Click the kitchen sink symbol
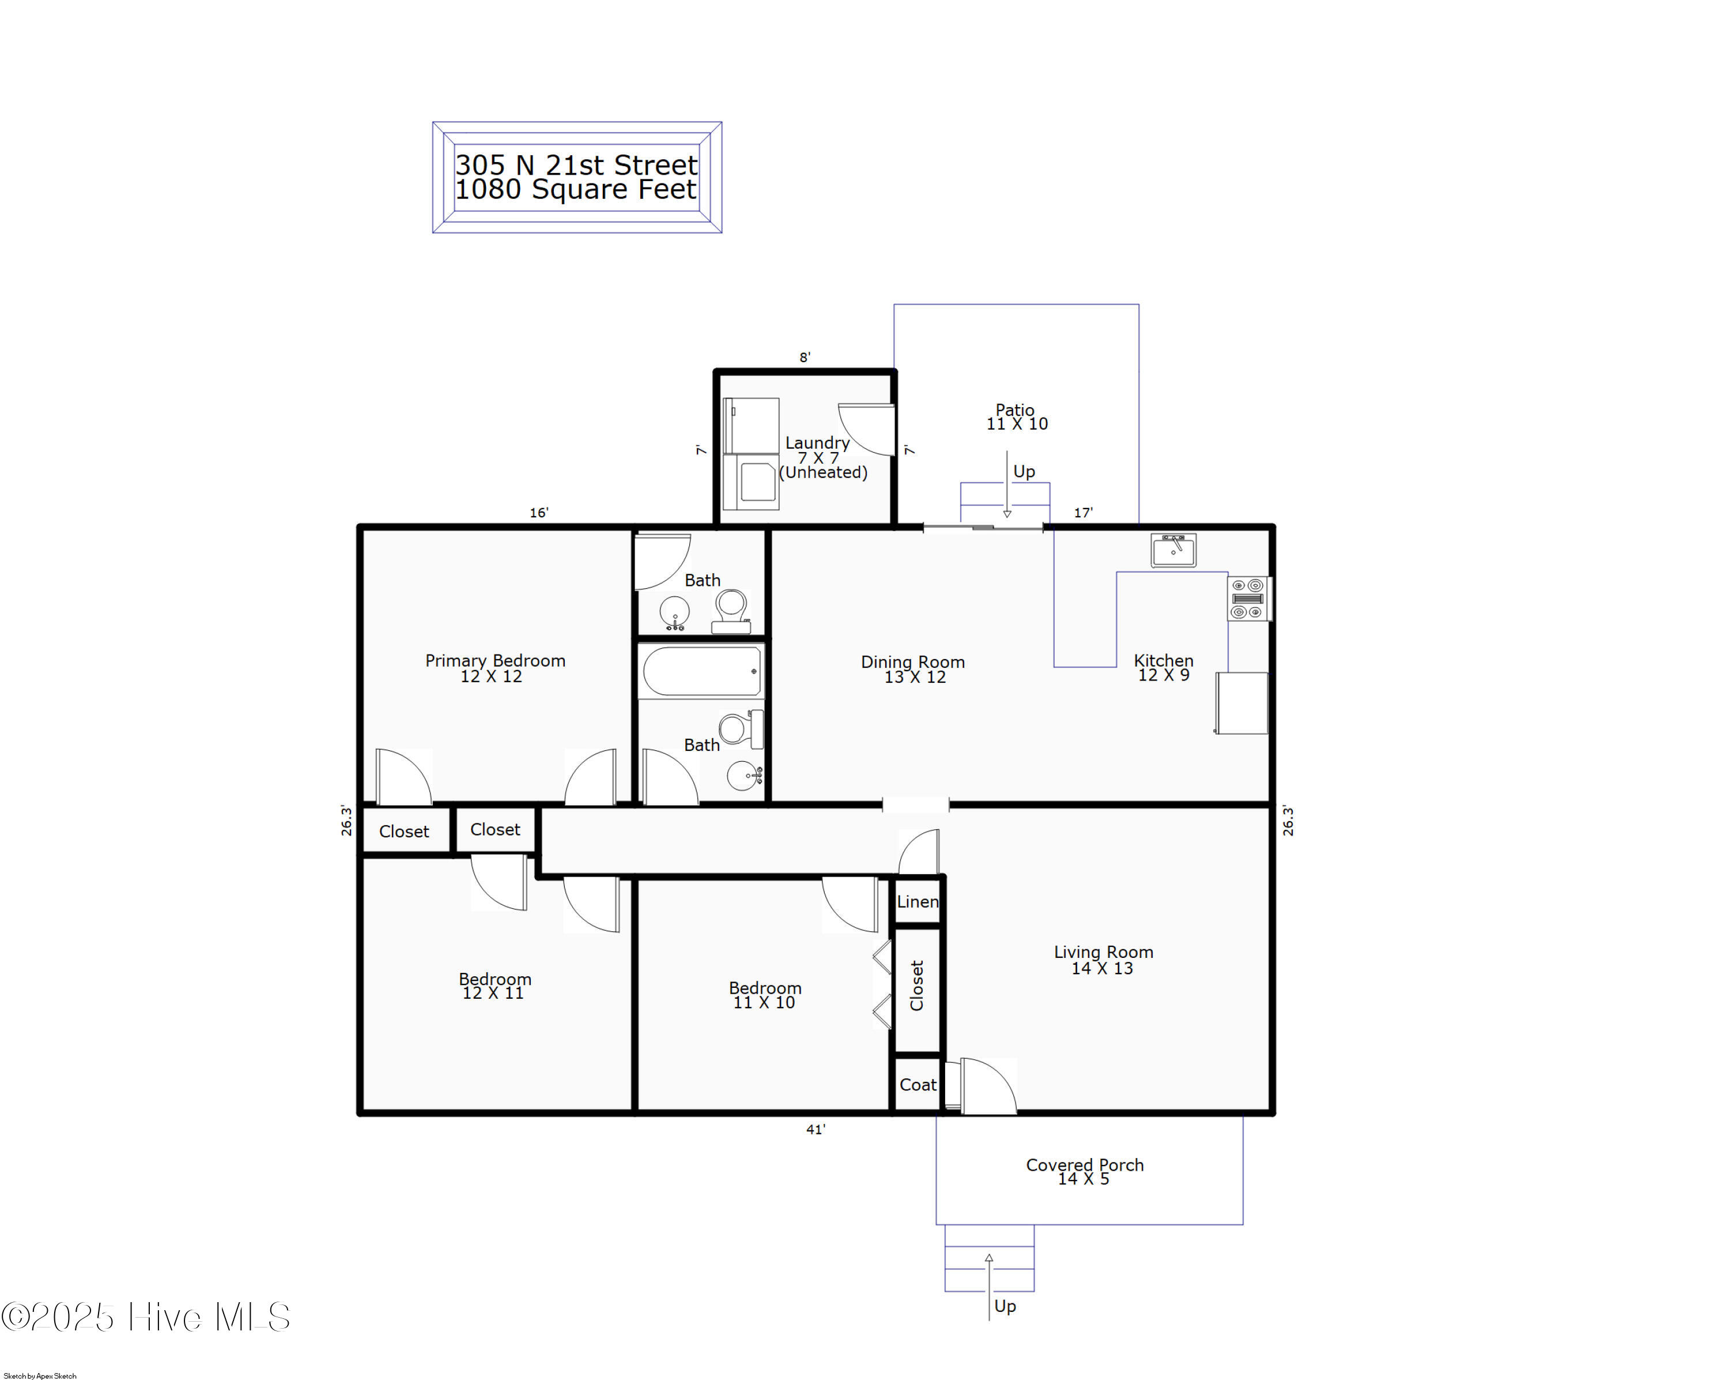[1173, 550]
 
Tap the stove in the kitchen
[1248, 599]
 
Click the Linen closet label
[918, 901]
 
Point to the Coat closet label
[918, 1085]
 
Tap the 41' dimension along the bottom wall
[816, 1130]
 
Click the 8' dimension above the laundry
[805, 357]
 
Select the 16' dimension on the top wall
[539, 513]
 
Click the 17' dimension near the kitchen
[1082, 513]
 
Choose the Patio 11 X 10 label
[1016, 417]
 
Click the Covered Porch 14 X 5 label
[1084, 1171]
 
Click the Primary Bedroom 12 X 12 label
[495, 668]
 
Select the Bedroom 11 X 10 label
[764, 995]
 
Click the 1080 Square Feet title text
[576, 189]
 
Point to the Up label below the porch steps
[1005, 1306]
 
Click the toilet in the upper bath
[731, 610]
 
